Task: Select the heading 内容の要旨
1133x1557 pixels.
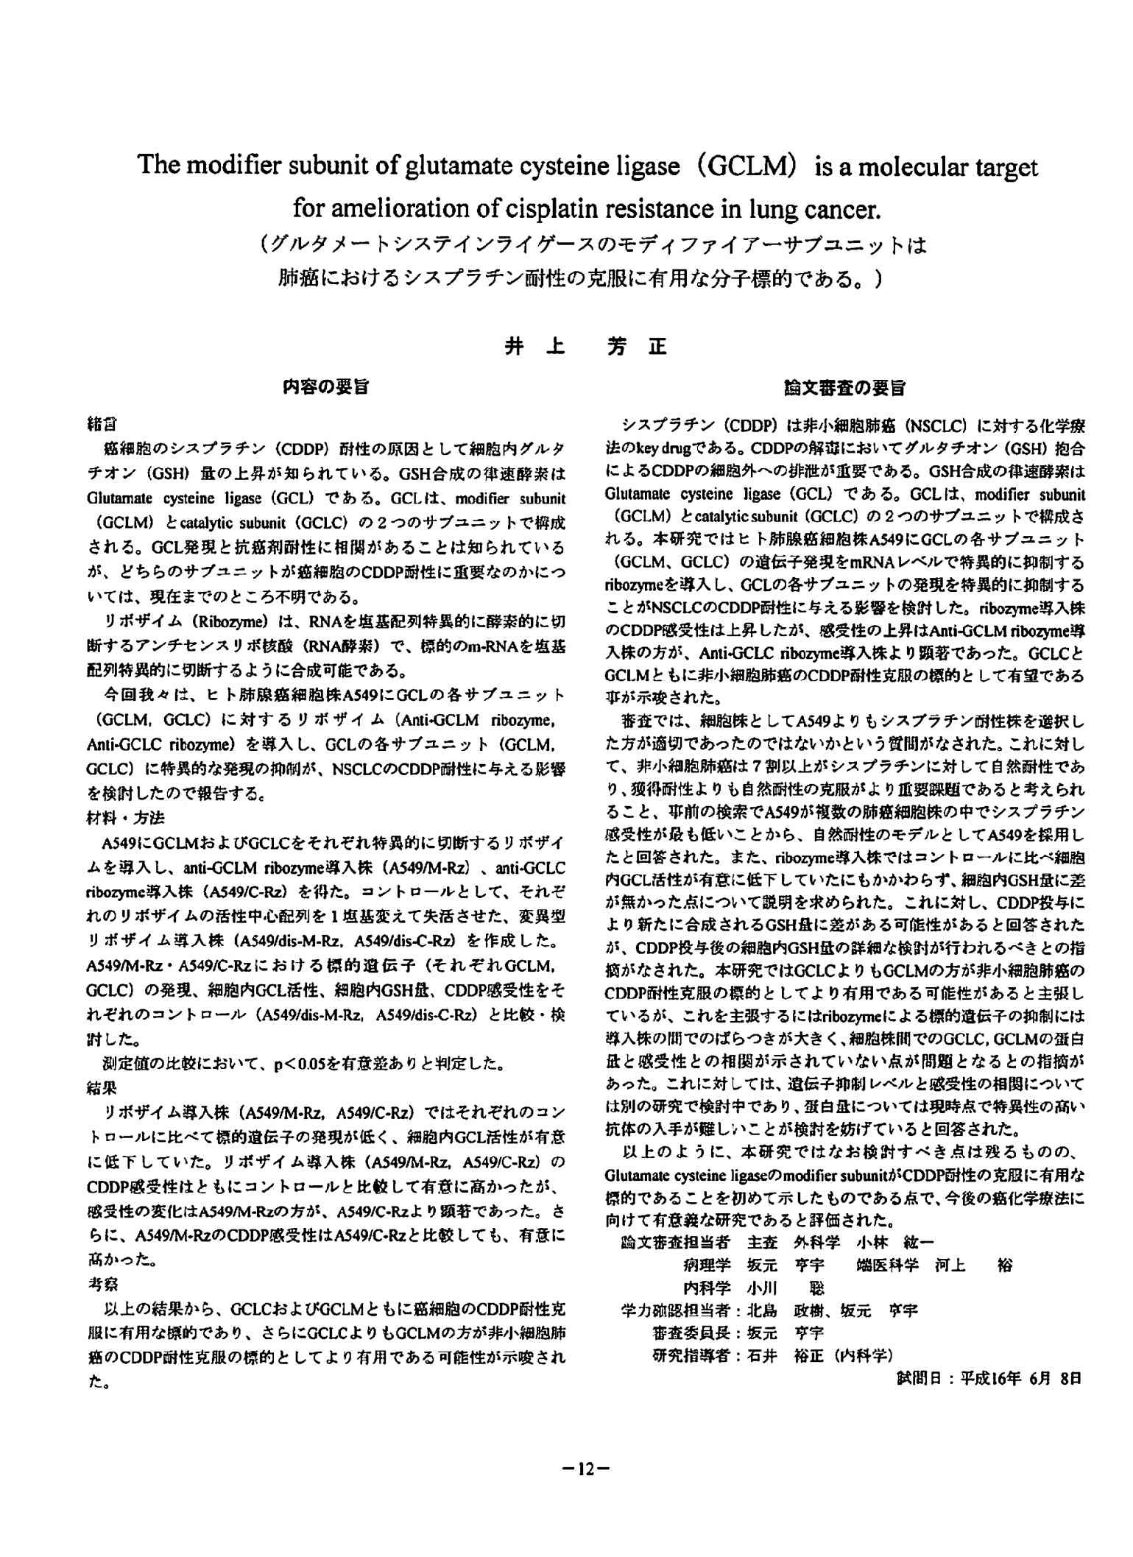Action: point(326,388)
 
